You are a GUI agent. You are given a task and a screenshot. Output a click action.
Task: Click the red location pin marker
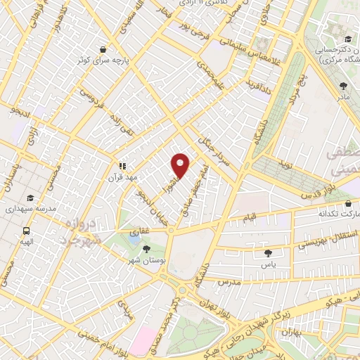point(181,165)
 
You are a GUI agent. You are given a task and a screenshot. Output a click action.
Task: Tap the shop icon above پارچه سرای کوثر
point(103,50)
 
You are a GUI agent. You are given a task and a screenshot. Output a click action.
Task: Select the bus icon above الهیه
point(27,231)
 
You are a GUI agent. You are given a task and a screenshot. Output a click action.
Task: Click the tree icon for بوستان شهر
point(146,249)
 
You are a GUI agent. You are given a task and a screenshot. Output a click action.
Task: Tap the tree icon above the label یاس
point(267,253)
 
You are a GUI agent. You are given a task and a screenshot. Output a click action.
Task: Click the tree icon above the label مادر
point(342,86)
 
